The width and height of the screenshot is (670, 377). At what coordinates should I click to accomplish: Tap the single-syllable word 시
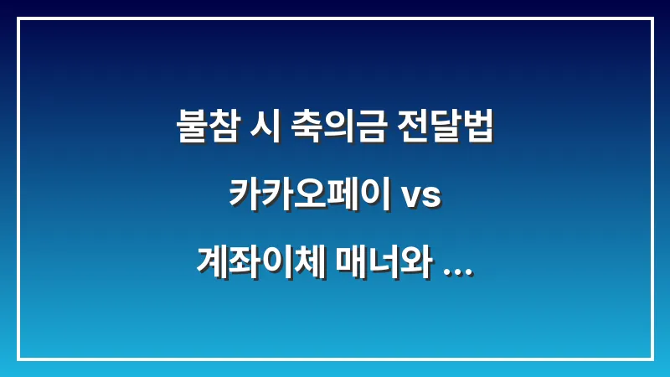(260, 127)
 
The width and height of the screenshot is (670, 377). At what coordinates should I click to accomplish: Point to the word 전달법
(445, 127)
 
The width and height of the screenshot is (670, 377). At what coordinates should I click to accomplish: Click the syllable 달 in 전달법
(445, 127)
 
